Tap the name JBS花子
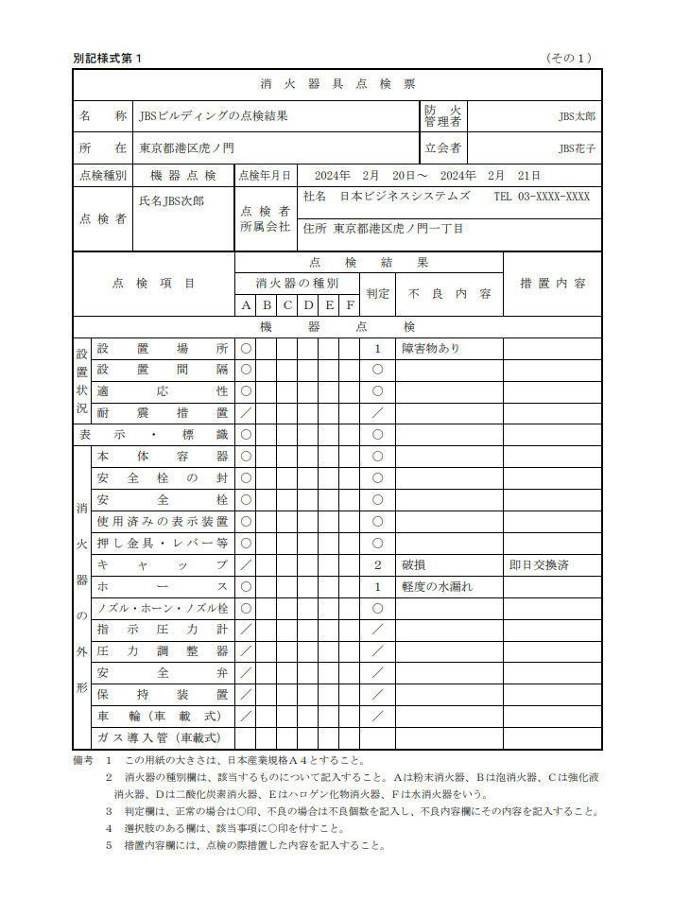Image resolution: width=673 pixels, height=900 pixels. point(577,148)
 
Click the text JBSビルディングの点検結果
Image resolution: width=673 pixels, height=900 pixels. point(213,116)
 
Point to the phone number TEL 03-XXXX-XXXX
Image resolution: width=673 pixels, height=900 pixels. point(542,198)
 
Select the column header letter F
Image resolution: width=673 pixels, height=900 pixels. point(350,305)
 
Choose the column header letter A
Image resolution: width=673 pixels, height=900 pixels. point(246,305)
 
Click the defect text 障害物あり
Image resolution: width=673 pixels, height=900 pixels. point(431,348)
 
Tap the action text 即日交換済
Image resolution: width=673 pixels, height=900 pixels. point(539,565)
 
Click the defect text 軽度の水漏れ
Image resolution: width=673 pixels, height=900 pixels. point(437,587)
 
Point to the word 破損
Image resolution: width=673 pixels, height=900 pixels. point(413,565)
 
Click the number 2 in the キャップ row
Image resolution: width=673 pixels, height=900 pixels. point(377,565)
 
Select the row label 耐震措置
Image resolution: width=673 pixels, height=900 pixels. point(162,413)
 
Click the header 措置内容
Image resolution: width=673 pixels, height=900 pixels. point(553,284)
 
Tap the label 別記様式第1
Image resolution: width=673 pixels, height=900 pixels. point(107,59)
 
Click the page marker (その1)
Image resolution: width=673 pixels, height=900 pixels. point(569,59)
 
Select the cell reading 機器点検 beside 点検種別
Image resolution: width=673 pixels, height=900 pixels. point(183,176)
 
